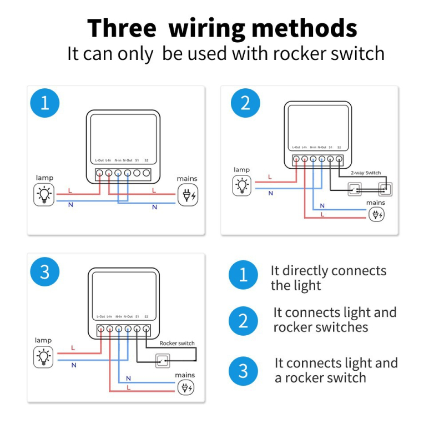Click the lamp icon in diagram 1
click(44, 195)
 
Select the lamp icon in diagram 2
click(242, 185)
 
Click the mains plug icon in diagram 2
click(376, 215)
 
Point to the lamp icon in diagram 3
click(43, 356)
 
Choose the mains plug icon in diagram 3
click(185, 387)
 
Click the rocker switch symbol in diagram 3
click(164, 361)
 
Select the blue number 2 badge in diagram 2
click(245, 103)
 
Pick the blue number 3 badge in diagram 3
click(44, 272)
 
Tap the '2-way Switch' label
click(365, 173)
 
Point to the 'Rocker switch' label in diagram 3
click(177, 343)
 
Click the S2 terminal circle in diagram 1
click(147, 173)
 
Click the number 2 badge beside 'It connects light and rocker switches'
click(243, 321)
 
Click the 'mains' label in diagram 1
click(187, 179)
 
